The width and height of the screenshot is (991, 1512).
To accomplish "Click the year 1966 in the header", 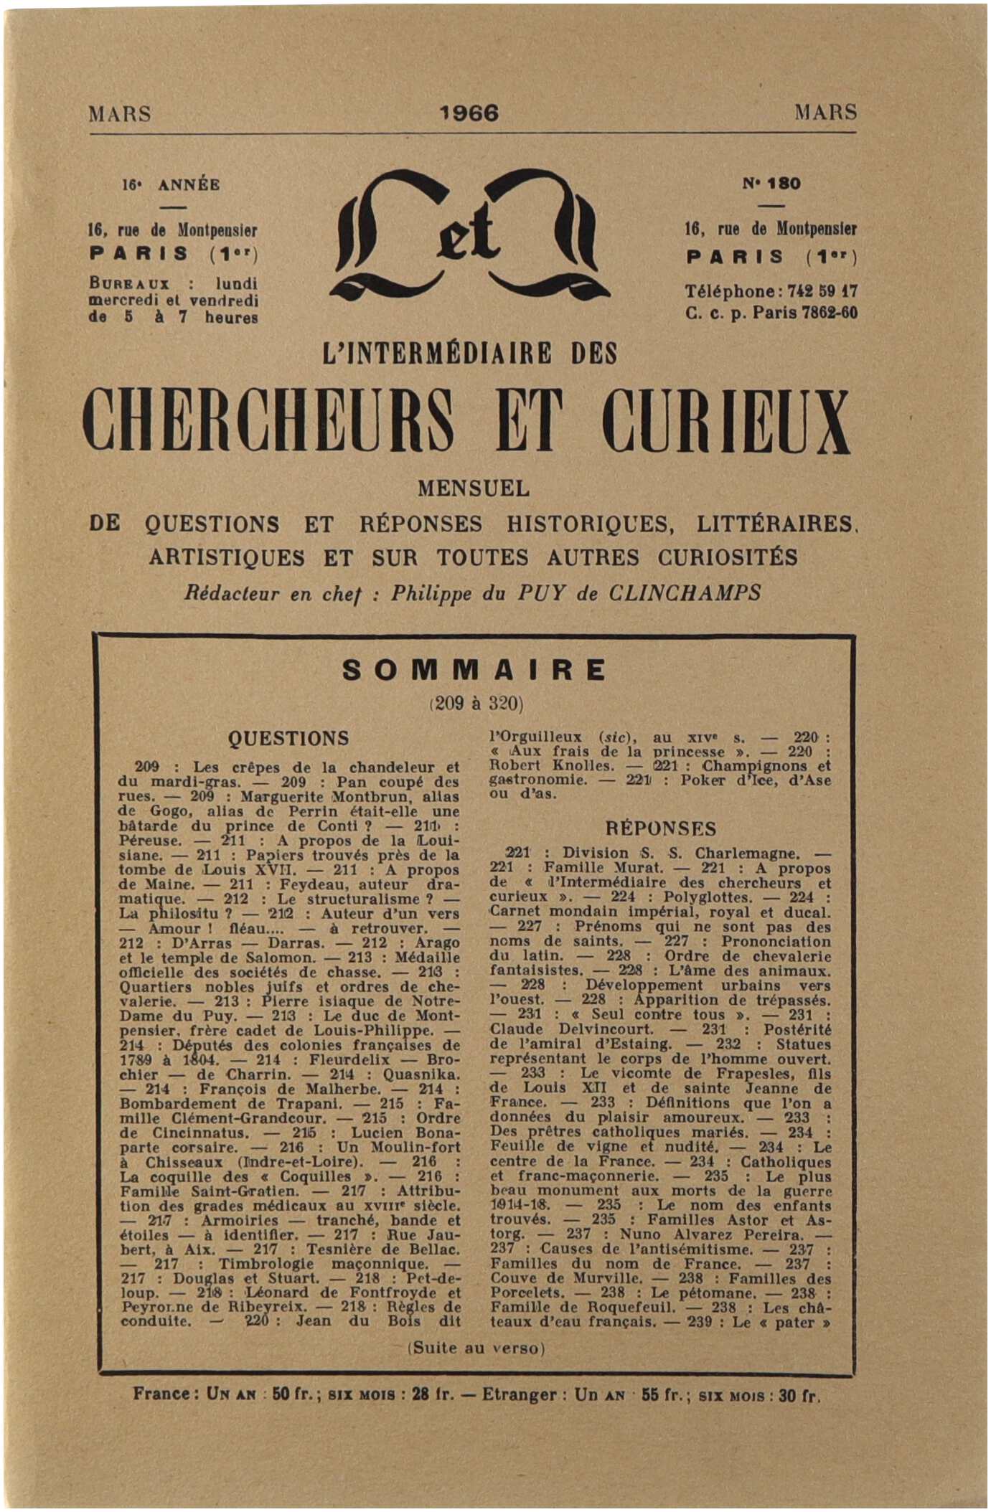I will click(x=469, y=113).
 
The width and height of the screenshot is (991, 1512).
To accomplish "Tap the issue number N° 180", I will click(x=771, y=184).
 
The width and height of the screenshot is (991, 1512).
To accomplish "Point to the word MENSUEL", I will click(x=474, y=488).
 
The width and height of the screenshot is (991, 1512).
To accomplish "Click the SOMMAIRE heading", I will click(x=474, y=670).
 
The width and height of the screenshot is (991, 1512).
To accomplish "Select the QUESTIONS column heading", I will click(x=288, y=738).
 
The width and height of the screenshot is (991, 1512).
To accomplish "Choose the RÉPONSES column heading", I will click(x=661, y=829).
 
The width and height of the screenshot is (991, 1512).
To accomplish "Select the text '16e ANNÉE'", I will click(x=171, y=184).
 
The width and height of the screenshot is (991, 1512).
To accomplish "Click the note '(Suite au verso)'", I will click(x=476, y=1348).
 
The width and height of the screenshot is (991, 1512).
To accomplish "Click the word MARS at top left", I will click(x=120, y=113).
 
